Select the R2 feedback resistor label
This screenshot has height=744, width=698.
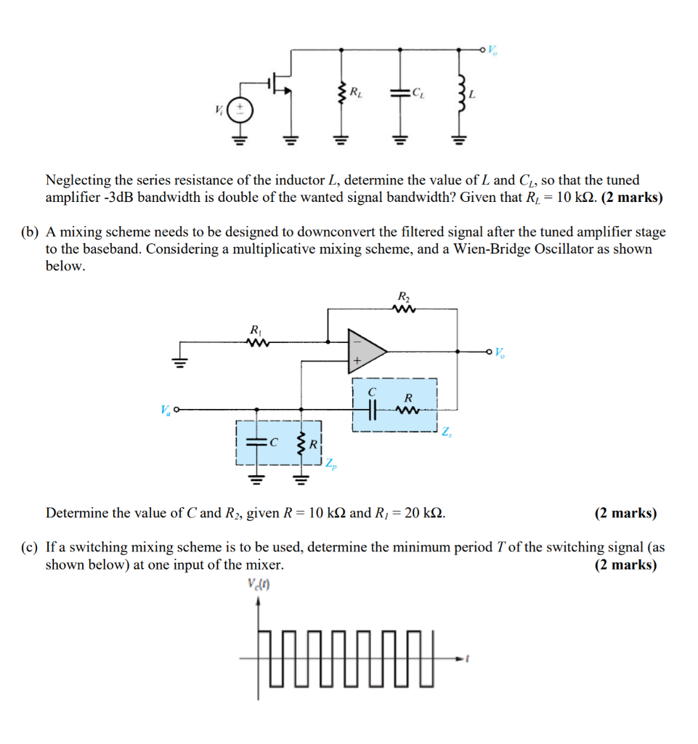click(x=403, y=296)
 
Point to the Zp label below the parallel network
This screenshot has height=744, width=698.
click(x=330, y=463)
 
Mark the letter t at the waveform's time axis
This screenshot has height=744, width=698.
click(x=468, y=659)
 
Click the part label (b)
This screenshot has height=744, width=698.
click(x=29, y=232)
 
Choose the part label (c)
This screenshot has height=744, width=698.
click(x=29, y=547)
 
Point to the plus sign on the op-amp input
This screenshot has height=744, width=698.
click(x=357, y=361)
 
